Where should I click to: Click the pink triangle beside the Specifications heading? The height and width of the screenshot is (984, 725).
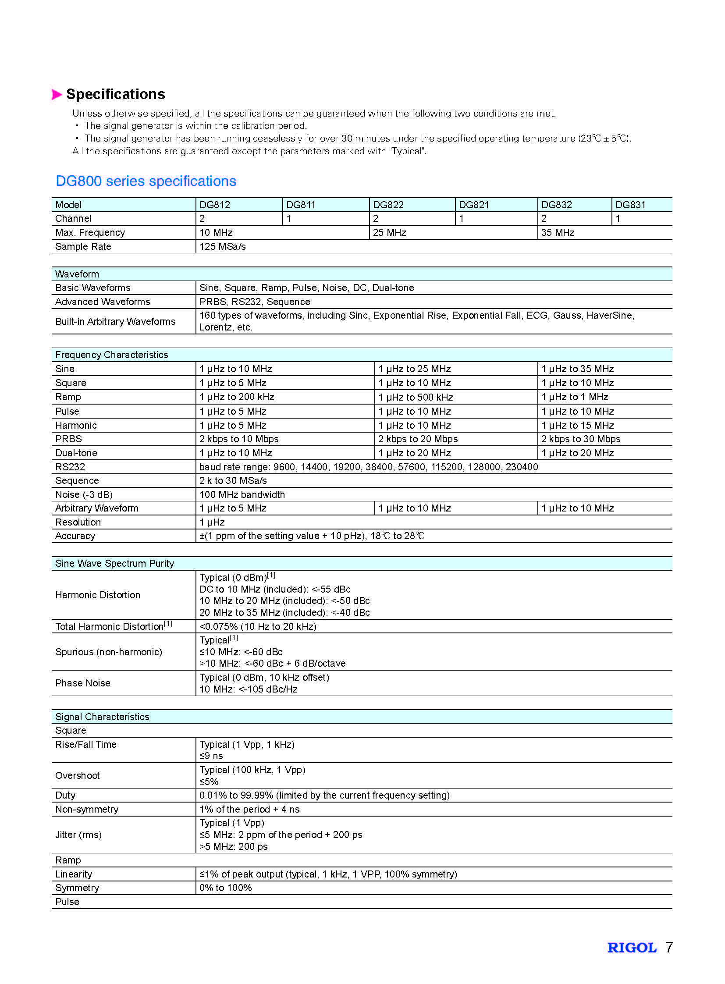(57, 94)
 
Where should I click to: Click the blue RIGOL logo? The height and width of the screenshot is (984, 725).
(632, 948)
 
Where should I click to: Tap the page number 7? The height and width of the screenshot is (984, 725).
(668, 947)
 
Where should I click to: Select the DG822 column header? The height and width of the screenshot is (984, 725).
(388, 205)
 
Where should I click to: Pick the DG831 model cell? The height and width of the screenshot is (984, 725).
(630, 205)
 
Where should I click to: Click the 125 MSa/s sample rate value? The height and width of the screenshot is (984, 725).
(223, 247)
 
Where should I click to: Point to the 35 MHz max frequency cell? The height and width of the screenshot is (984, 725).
(558, 233)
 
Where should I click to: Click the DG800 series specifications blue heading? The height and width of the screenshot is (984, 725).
(146, 181)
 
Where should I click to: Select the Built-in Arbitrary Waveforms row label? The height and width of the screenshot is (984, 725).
(115, 322)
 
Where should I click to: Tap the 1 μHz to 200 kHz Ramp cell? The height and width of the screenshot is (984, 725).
(237, 397)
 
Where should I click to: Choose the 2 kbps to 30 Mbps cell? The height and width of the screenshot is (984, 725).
(580, 439)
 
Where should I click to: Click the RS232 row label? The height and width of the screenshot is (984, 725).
(70, 467)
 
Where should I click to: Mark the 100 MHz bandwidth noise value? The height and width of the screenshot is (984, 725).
(242, 495)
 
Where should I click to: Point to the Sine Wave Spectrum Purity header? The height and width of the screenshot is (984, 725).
(114, 564)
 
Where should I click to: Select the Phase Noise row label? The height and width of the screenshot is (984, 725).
(82, 683)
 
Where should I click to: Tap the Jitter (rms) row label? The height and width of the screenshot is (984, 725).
(78, 835)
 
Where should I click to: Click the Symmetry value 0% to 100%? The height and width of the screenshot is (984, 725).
(226, 888)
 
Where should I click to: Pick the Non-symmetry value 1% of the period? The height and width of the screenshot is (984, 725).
(249, 809)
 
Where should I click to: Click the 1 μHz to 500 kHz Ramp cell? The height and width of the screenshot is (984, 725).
(415, 397)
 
